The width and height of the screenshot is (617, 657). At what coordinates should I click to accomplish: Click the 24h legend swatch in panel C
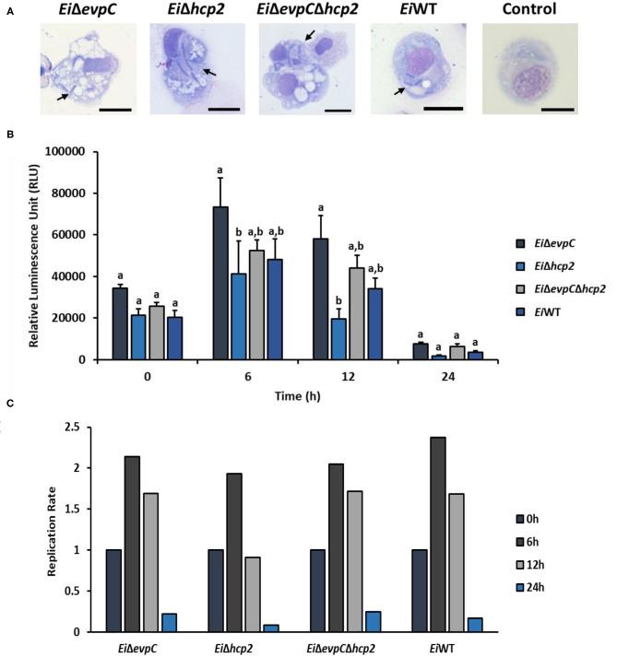click(505, 582)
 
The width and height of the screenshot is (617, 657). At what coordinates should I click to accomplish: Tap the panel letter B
click(9, 135)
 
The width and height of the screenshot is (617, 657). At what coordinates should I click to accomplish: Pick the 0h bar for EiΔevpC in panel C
click(113, 591)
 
